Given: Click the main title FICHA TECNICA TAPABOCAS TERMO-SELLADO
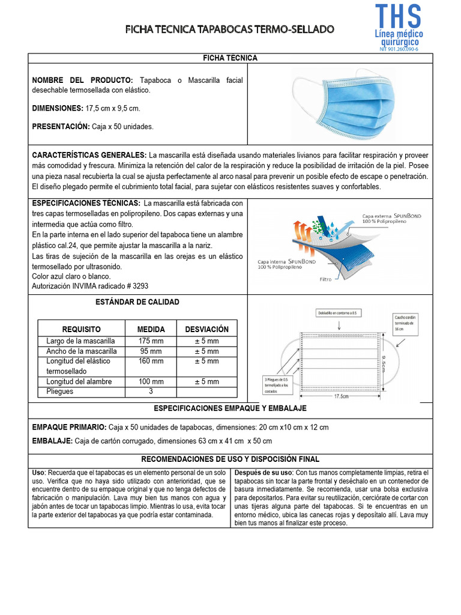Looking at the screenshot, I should coord(230,29).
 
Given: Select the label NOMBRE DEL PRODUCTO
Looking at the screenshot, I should coord(82,80).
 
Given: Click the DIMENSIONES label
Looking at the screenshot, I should coord(58,108).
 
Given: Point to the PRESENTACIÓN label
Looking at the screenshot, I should coord(61,127).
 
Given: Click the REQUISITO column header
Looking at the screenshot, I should coord(81,330).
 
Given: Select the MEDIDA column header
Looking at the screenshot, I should coord(151,330).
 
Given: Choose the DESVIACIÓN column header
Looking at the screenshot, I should coord(206,330).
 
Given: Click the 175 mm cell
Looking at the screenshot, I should coord(151,341).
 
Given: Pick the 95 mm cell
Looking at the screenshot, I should coord(151,351).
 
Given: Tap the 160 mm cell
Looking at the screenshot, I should coord(151,362).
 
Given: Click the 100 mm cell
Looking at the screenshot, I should coord(151,382).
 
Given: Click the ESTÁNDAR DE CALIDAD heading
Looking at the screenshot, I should coord(137,302).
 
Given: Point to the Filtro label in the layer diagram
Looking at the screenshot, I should coord(325,279).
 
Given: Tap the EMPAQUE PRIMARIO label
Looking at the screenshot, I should coord(69,428).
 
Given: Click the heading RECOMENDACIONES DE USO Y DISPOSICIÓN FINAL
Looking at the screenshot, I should coord(230,459).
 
